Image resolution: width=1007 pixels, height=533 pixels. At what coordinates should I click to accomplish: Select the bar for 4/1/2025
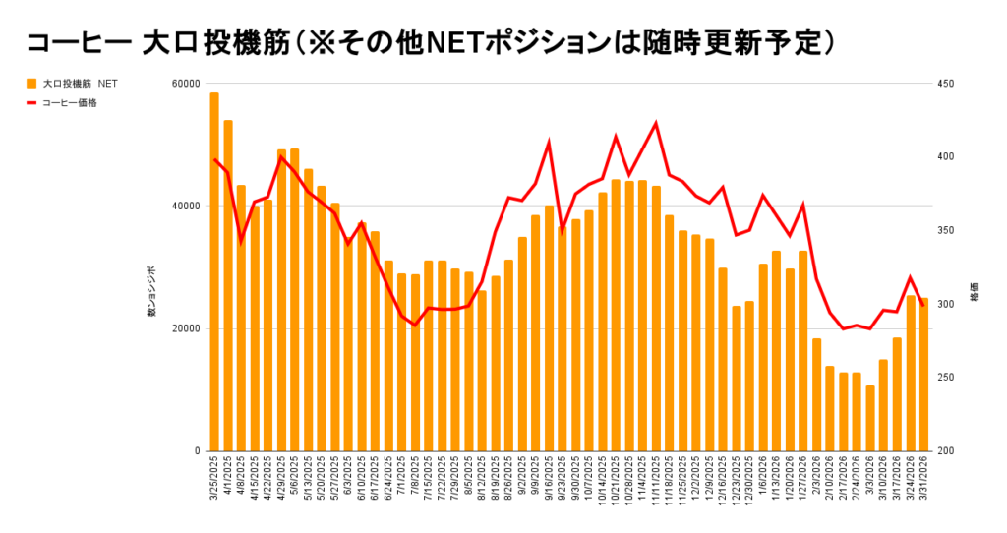tap(228, 285)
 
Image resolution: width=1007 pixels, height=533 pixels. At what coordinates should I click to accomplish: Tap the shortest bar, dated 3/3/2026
tap(870, 418)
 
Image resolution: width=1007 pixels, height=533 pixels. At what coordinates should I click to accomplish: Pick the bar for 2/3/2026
tap(816, 394)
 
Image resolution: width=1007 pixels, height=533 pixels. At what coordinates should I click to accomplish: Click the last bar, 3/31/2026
tap(923, 374)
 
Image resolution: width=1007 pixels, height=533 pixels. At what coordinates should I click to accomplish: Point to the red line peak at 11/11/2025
tap(656, 123)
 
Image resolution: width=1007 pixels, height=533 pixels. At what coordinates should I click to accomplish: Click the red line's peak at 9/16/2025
tap(549, 143)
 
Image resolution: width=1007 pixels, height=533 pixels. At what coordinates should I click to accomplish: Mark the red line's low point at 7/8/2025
tap(415, 325)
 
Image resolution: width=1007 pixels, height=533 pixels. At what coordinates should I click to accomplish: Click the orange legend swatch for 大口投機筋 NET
tap(31, 84)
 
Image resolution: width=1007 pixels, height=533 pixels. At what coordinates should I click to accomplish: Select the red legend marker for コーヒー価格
tap(31, 102)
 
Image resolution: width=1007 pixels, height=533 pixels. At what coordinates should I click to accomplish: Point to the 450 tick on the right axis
tap(948, 84)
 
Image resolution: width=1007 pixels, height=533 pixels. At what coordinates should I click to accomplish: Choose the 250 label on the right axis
tap(948, 378)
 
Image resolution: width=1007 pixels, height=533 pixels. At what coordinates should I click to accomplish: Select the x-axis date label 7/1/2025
tap(403, 477)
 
